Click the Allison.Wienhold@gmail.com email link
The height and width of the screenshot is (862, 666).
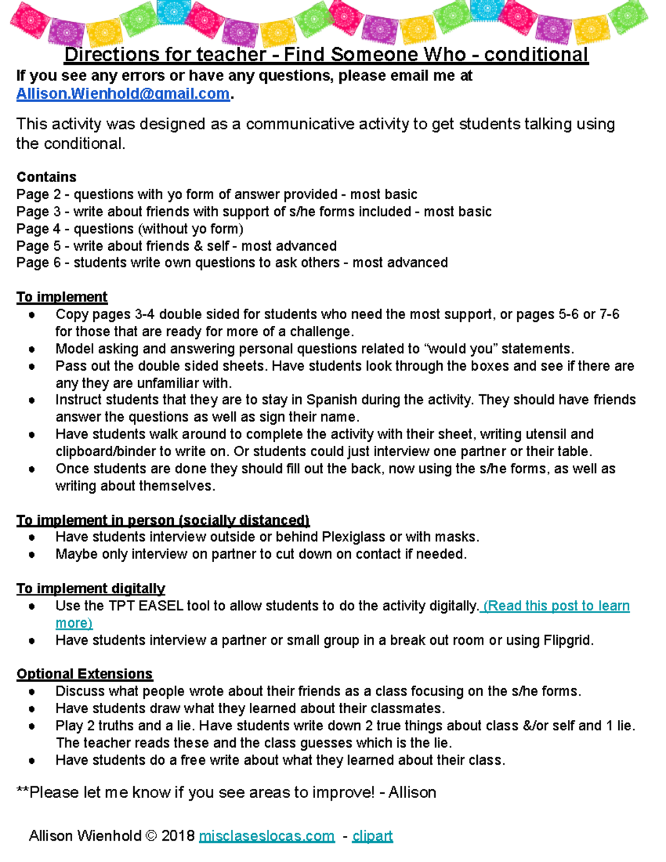coord(123,94)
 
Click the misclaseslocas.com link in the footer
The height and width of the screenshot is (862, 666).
coord(266,836)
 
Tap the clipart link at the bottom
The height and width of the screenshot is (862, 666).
coord(372,836)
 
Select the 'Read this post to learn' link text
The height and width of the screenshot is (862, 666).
coord(557,606)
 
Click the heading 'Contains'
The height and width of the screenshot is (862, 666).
coord(47,177)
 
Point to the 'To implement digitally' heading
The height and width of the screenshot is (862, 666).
coord(90,588)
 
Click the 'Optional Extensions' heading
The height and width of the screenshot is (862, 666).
coord(84,674)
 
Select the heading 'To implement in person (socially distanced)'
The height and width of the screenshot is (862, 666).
coord(163,520)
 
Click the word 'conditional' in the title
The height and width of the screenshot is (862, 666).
coord(536,55)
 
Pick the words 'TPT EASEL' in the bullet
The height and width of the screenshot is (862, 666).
coord(145,606)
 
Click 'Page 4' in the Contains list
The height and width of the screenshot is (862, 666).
coord(38,229)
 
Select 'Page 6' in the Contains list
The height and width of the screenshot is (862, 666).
coord(38,263)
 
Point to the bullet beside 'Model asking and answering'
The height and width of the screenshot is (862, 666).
coord(32,349)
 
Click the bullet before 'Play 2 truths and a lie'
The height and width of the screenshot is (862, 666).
coord(32,726)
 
